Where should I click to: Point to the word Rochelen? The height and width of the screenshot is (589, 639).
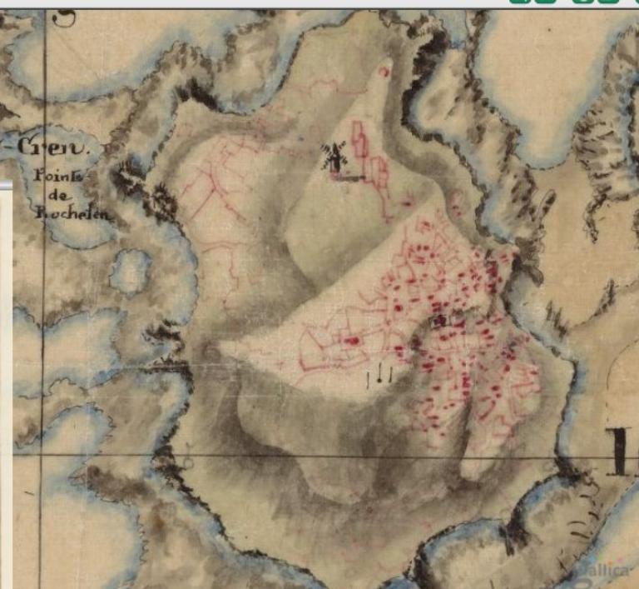coord(72,213)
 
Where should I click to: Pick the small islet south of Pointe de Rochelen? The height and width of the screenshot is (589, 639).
coord(131,272)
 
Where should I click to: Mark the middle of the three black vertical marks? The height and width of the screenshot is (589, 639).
coord(379,377)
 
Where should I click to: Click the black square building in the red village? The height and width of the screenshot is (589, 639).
coord(440,319)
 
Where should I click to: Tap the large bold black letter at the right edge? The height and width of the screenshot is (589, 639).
coord(622,452)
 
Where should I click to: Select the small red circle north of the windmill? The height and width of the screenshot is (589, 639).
coord(384,72)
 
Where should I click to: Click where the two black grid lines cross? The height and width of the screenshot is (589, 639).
coord(42,457)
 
